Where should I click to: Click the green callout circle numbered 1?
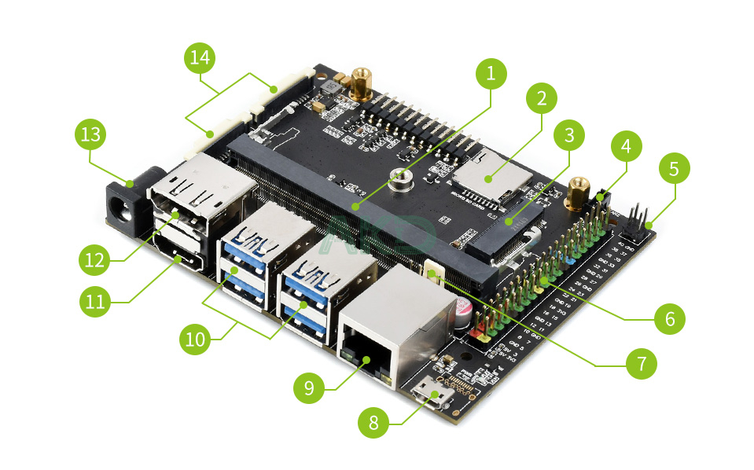coord(491,75)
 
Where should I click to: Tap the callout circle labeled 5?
coord(674,168)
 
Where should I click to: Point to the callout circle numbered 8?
coord(373,424)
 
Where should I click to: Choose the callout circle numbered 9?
coord(309,387)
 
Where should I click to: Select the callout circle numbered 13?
coord(91,134)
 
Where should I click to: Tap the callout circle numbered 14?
coord(200,58)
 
